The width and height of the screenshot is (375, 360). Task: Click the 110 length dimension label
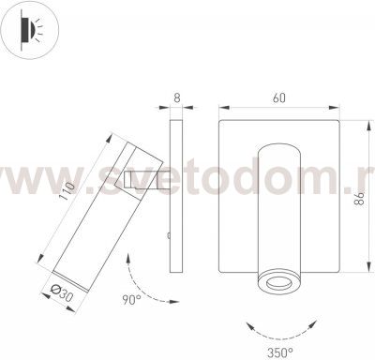[65, 190]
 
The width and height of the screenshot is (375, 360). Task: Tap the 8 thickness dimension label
[177, 97]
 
